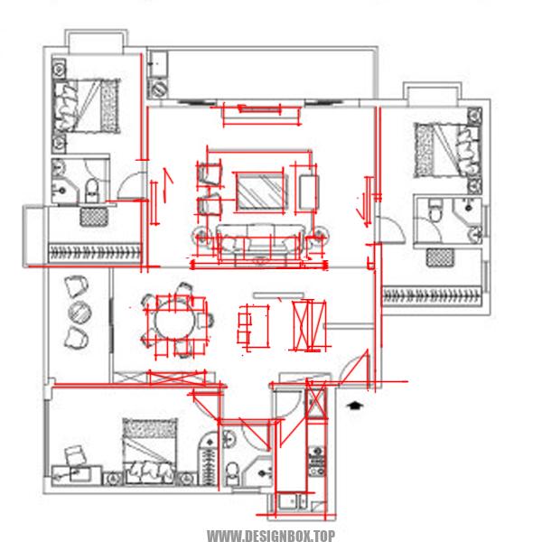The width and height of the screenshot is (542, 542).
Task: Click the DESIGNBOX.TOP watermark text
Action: pyautogui.click(x=271, y=536)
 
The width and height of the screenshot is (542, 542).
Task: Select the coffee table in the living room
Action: pyautogui.click(x=262, y=192)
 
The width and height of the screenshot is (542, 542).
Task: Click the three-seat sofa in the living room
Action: pyautogui.click(x=260, y=241)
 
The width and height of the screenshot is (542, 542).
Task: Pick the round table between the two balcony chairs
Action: pyautogui.click(x=79, y=313)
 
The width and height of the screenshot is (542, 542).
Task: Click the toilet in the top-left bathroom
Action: pyautogui.click(x=92, y=191)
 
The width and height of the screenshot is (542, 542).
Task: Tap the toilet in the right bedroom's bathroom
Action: pyautogui.click(x=435, y=210)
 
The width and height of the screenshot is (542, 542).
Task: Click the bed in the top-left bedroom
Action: pyautogui.click(x=86, y=106)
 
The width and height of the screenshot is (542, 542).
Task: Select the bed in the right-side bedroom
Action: pyautogui.click(x=447, y=150)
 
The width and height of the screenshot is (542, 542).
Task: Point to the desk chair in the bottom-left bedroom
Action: pyautogui.click(x=76, y=455)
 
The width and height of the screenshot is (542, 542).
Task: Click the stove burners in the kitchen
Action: pyautogui.click(x=317, y=461)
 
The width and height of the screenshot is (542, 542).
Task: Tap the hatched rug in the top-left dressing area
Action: pyautogui.click(x=94, y=217)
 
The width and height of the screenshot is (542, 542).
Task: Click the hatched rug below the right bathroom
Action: pyautogui.click(x=440, y=257)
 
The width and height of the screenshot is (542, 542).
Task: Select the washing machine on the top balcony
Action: pyautogui.click(x=159, y=89)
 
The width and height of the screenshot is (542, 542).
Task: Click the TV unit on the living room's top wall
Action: pyautogui.click(x=259, y=110)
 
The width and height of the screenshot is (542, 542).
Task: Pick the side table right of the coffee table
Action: pyautogui.click(x=309, y=192)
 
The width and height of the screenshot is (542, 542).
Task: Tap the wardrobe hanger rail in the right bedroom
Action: pyautogui.click(x=432, y=296)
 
